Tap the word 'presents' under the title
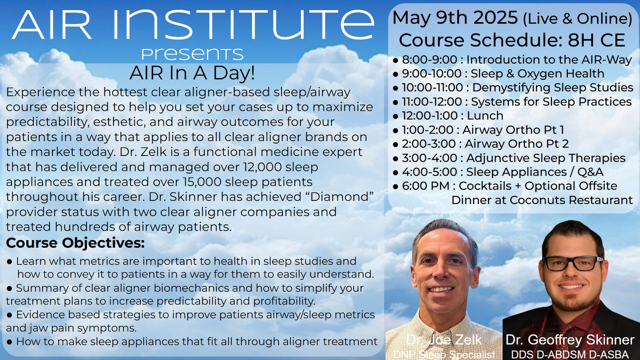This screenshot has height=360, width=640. [x=192, y=54]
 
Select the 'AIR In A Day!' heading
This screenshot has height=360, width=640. [x=192, y=73]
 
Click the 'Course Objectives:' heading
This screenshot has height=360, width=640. [x=75, y=243]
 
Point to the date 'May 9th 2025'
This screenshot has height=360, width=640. [x=455, y=17]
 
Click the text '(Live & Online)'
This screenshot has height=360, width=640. [x=577, y=19]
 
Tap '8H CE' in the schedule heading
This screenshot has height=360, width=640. [x=596, y=40]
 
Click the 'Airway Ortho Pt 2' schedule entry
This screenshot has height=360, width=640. [x=517, y=144]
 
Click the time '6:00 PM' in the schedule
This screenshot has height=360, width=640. [x=426, y=186]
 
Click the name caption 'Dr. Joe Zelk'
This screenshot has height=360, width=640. [x=444, y=340]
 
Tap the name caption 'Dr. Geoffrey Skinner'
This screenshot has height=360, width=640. [x=570, y=340]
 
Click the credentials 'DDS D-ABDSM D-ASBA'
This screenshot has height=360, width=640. [x=570, y=354]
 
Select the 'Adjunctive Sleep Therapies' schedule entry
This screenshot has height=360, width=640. [x=546, y=158]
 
